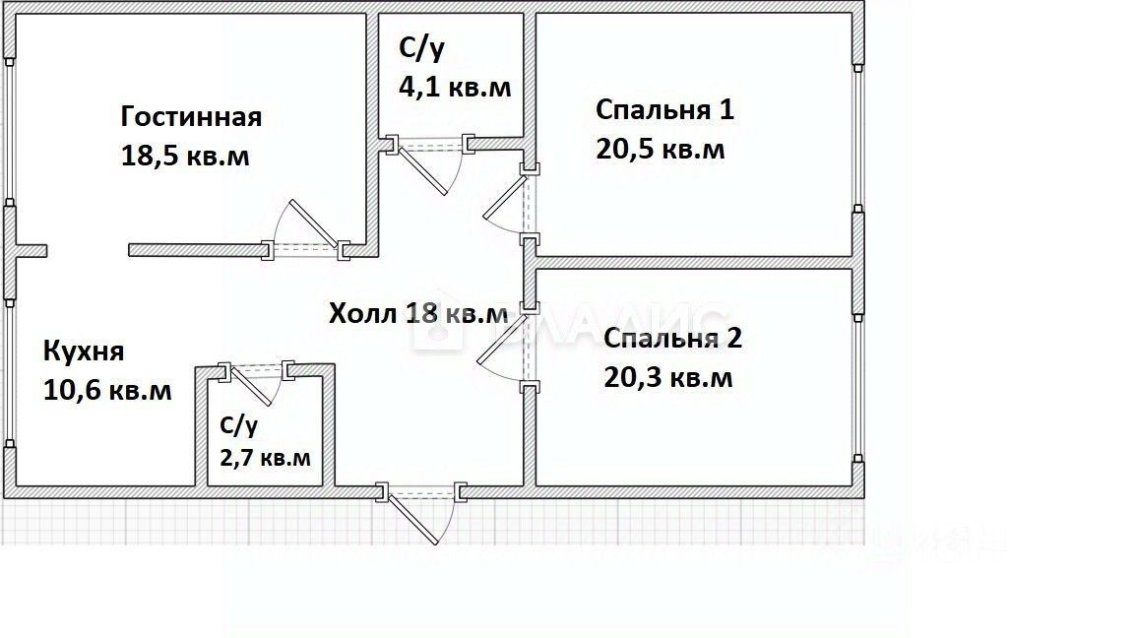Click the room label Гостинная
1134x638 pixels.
(191, 117)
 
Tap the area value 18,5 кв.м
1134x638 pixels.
(185, 156)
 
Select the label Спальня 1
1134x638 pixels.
(664, 109)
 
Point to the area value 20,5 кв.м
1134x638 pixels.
(660, 150)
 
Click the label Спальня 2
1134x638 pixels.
(672, 339)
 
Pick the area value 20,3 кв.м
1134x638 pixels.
(667, 377)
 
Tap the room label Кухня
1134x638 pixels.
(83, 351)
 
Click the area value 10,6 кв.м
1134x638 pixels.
(107, 390)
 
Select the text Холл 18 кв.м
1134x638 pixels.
(418, 314)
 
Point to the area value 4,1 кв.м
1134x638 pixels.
(454, 87)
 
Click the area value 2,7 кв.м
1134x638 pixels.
(265, 457)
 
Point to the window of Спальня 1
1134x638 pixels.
(858, 138)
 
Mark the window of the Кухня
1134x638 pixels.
(9, 374)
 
